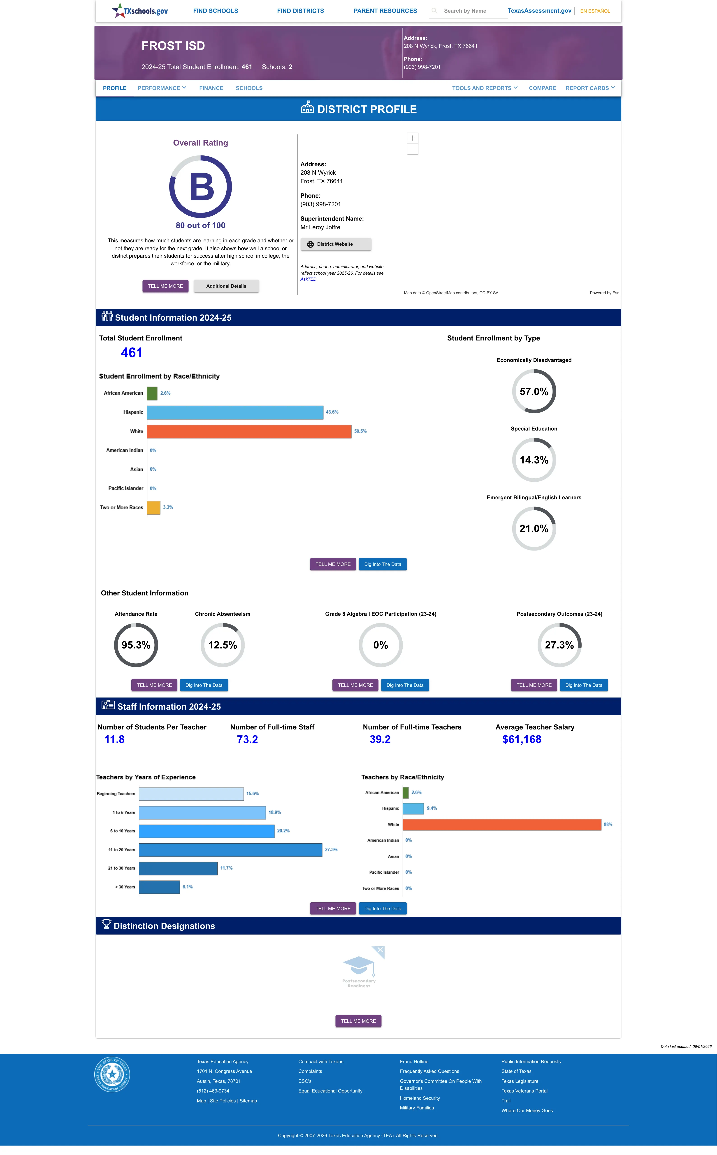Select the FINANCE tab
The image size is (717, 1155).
tap(211, 88)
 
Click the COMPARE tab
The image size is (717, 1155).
tap(542, 88)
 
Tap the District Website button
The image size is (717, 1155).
tap(336, 244)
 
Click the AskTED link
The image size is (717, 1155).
tap(308, 279)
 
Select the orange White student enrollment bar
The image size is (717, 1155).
tap(249, 431)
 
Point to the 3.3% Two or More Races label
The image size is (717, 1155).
tap(168, 507)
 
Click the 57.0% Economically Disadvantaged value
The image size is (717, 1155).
tap(534, 391)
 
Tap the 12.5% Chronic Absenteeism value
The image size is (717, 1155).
tap(222, 645)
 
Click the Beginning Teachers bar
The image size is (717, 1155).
tap(191, 794)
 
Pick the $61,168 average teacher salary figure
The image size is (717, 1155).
tap(522, 739)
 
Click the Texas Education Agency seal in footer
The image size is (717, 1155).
tap(112, 1074)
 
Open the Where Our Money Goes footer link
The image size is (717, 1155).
tap(527, 1111)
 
